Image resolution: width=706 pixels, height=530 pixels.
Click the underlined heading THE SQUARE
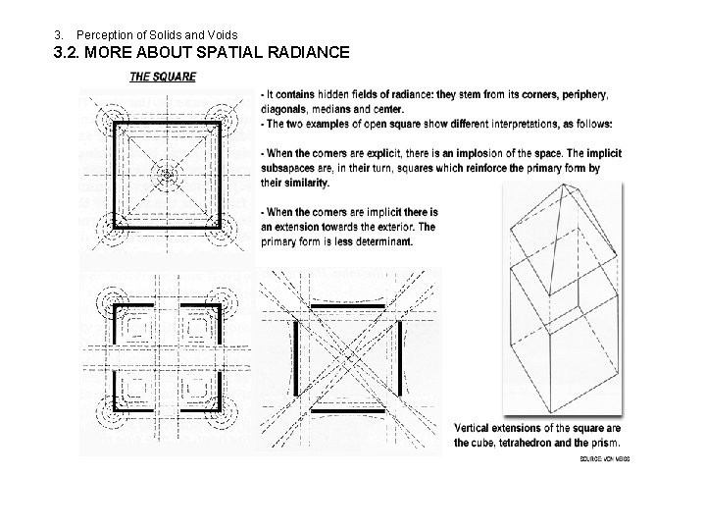(163, 77)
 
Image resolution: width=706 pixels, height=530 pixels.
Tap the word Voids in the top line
(221, 35)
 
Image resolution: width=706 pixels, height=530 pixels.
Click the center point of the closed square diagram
(169, 176)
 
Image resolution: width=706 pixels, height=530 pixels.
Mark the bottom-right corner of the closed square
(222, 228)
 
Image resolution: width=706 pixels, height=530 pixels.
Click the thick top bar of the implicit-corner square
(347, 308)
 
